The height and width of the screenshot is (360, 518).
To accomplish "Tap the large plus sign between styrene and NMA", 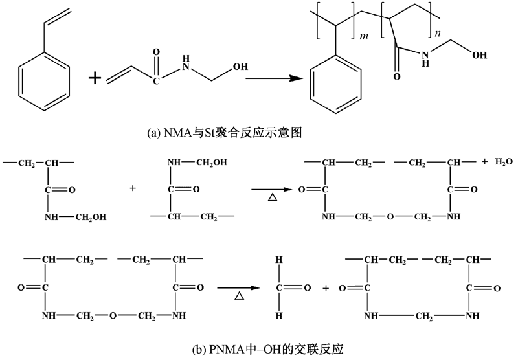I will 95,78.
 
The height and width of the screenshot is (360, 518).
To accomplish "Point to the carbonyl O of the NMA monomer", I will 155,49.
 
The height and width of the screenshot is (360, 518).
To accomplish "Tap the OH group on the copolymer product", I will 480,56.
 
